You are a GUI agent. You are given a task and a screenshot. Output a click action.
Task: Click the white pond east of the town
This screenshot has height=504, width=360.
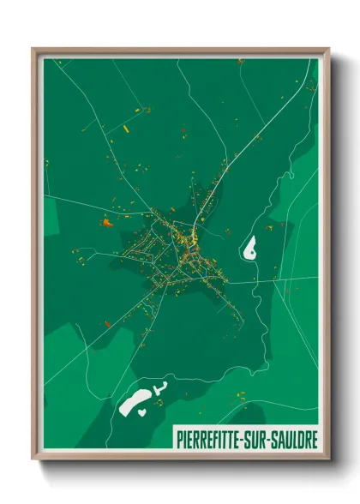[x=250, y=249]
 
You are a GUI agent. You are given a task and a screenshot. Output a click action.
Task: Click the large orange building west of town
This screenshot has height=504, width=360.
[x=107, y=223]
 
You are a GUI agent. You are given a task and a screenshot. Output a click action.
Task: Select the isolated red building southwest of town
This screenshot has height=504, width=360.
[x=108, y=324]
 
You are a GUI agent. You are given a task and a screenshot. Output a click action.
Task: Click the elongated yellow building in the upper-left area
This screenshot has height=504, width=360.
[x=126, y=129]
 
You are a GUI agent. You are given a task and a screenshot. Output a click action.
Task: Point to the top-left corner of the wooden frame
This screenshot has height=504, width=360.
[x=33, y=50]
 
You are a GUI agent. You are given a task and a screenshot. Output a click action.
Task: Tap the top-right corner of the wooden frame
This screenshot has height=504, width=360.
[x=327, y=50]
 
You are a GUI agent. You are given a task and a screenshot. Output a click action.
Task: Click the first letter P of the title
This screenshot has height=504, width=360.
[x=178, y=438]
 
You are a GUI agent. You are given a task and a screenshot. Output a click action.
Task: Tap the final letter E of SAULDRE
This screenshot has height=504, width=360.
[x=315, y=438]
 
